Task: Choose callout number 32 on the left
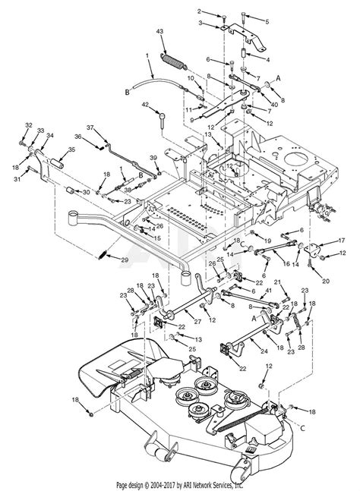point(28,124)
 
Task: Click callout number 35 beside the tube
point(73,150)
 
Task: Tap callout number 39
point(154,156)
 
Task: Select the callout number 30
point(86,193)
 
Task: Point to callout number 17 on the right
point(342,241)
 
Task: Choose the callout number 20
point(326,281)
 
